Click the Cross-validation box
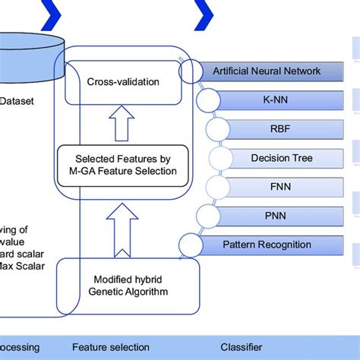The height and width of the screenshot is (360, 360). point(124,82)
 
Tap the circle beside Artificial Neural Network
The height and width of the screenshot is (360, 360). point(192,72)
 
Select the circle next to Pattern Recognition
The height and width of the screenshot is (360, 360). point(192,245)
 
